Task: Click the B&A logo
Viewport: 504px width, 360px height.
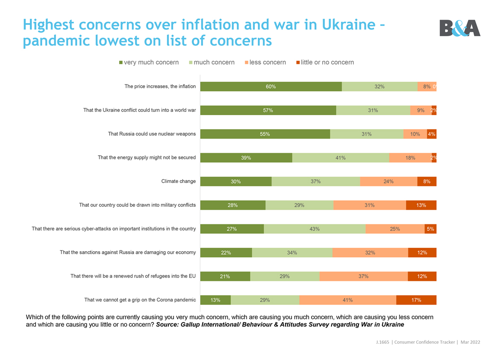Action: pyautogui.click(x=460, y=28)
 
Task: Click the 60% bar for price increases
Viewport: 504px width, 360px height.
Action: pyautogui.click(x=271, y=87)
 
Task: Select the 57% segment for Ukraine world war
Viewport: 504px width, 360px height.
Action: pyautogui.click(x=268, y=110)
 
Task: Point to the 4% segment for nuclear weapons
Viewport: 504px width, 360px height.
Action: pyautogui.click(x=431, y=134)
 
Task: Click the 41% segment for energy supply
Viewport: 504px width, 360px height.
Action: pyautogui.click(x=341, y=158)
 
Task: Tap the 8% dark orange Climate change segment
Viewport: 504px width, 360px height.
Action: pyautogui.click(x=427, y=181)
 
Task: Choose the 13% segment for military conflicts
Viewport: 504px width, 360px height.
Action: pyautogui.click(x=421, y=205)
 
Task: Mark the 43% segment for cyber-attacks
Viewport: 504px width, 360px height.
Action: pyautogui.click(x=315, y=229)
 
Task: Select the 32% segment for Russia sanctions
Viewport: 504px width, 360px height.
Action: pyautogui.click(x=370, y=253)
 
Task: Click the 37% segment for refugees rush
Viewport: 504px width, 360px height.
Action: pyautogui.click(x=364, y=276)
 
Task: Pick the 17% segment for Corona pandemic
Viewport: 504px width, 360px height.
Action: pyautogui.click(x=416, y=300)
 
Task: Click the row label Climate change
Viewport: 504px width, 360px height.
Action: pyautogui.click(x=178, y=181)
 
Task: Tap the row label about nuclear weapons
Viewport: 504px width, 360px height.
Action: pyautogui.click(x=152, y=134)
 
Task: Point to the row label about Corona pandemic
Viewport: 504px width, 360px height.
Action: pyautogui.click(x=140, y=300)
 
